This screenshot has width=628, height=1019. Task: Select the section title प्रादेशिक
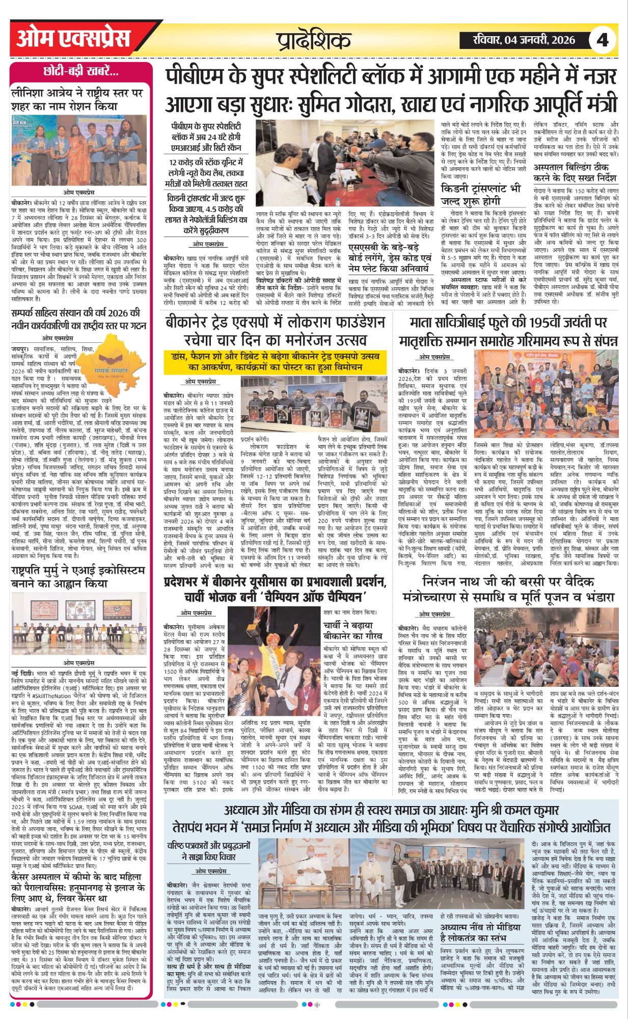(314, 40)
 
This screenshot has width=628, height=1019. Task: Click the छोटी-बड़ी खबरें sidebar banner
(81, 72)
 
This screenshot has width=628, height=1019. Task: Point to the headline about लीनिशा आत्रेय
(78, 99)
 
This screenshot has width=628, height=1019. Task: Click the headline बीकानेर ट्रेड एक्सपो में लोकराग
(275, 331)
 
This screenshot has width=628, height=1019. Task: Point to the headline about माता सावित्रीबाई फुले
(509, 331)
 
